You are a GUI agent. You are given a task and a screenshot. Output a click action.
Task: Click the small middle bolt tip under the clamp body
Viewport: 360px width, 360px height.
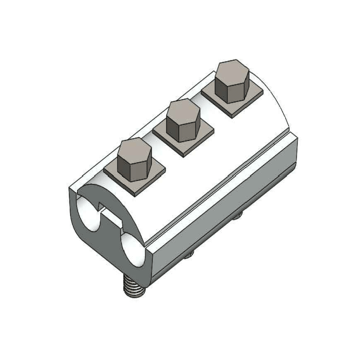tap(189, 255)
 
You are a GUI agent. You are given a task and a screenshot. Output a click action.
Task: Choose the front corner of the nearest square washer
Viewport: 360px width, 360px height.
tap(135, 195)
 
